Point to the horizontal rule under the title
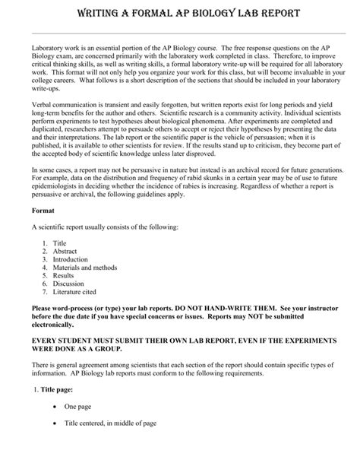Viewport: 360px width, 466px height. coord(180,33)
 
